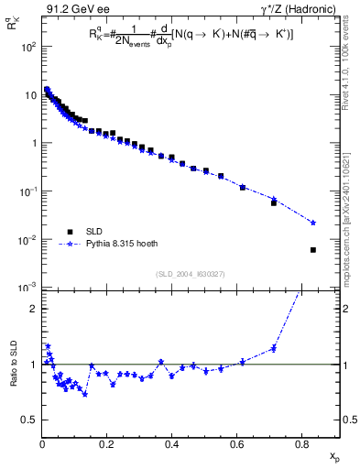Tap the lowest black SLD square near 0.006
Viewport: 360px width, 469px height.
tap(313, 250)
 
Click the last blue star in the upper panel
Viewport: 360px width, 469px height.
tap(313, 223)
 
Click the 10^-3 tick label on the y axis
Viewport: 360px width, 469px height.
tap(28, 288)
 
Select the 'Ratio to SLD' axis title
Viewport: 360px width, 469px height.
tap(14, 377)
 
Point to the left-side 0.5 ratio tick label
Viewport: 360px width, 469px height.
tap(30, 420)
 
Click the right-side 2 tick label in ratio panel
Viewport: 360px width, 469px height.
tap(346, 309)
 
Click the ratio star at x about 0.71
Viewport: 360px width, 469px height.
tap(274, 348)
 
